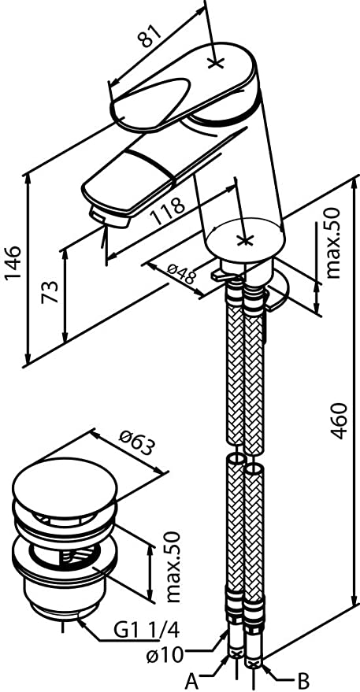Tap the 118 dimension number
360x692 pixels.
click(167, 210)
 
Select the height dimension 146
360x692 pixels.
click(13, 264)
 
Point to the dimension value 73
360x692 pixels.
click(50, 292)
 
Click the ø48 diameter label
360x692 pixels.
click(183, 274)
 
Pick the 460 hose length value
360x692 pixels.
click(340, 420)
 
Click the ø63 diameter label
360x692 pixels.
click(138, 442)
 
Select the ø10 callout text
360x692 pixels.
click(165, 654)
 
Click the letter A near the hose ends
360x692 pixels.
click(191, 682)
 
